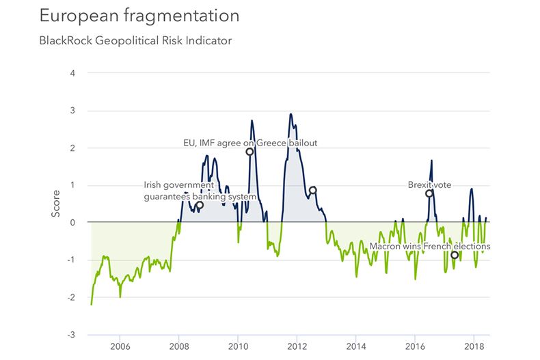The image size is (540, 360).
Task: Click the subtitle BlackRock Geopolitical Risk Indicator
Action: [135, 41]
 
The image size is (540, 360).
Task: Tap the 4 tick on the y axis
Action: [72, 73]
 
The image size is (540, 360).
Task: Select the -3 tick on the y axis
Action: [71, 335]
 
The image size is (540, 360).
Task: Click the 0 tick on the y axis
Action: [72, 223]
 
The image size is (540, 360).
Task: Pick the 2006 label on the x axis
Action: [120, 347]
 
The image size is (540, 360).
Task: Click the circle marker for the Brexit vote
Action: [429, 193]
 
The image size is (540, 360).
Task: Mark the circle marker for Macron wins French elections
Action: [455, 255]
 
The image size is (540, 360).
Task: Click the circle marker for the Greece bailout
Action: [249, 152]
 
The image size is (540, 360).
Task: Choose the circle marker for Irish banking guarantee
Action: [200, 205]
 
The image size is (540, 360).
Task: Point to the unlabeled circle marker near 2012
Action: [312, 191]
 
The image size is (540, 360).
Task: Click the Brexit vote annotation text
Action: [429, 184]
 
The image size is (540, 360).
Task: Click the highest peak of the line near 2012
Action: [291, 114]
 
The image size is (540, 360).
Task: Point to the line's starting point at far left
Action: [91, 305]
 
